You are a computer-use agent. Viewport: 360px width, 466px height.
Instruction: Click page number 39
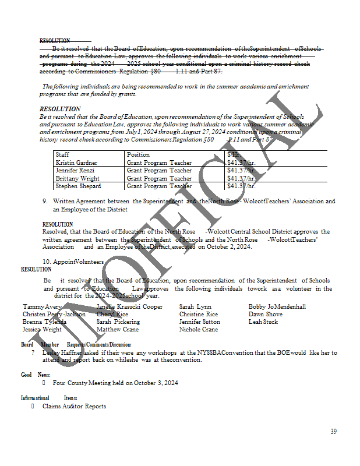click(333, 432)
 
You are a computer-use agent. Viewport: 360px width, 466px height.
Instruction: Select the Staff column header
click(62, 154)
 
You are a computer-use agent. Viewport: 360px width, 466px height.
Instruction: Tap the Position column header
click(137, 154)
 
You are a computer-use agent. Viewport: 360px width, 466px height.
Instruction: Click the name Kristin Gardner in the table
click(76, 163)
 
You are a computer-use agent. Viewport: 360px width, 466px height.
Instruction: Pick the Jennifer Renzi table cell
click(75, 171)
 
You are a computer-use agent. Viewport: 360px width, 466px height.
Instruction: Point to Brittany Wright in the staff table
click(77, 178)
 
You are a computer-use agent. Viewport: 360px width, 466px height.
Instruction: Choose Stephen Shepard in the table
click(78, 186)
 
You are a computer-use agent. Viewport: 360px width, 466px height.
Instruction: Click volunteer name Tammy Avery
click(42, 306)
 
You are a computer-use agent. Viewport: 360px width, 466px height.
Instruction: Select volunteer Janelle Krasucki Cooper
click(129, 306)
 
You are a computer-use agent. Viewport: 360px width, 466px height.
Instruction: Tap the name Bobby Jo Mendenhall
click(277, 306)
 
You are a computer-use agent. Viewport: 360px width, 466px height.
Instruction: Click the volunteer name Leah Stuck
click(263, 322)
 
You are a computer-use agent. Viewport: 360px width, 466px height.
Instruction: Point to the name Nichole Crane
click(199, 329)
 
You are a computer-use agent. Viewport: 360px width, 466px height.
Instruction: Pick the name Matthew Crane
click(117, 329)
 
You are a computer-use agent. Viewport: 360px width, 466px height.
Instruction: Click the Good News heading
click(36, 375)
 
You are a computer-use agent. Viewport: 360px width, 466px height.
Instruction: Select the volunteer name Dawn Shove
click(265, 314)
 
